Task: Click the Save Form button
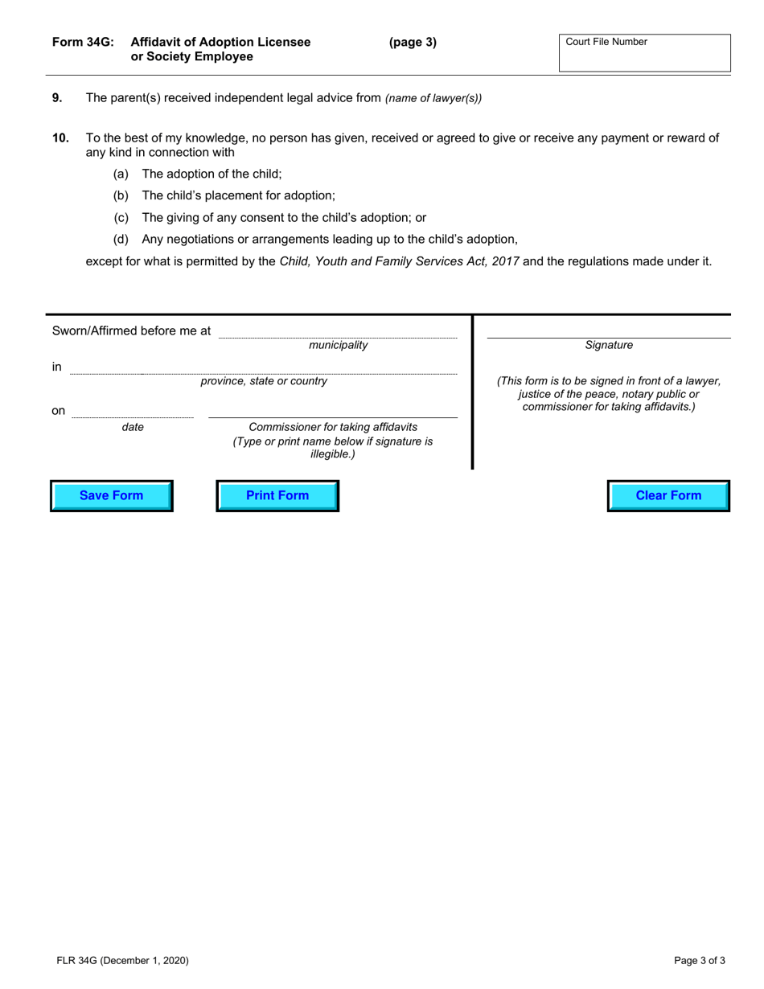(112, 495)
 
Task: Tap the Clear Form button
(668, 495)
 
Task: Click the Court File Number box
(644, 53)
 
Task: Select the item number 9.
(57, 98)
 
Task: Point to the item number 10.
(60, 138)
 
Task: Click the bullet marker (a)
(121, 174)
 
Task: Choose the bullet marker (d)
(121, 239)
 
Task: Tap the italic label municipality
(338, 345)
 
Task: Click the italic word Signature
(609, 345)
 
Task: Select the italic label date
(133, 427)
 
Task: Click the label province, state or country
(264, 381)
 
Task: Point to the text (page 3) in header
(413, 43)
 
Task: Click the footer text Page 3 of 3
(700, 960)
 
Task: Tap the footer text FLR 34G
(77, 960)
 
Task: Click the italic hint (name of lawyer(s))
(433, 99)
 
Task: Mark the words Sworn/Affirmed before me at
(132, 330)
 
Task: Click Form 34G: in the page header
(83, 43)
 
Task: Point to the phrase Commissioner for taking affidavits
(333, 427)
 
